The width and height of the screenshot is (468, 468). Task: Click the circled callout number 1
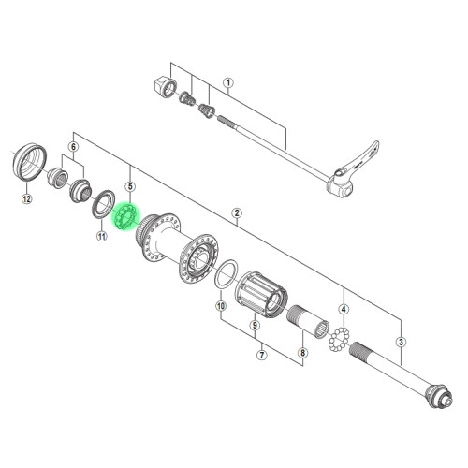228,83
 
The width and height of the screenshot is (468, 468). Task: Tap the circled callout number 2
237,213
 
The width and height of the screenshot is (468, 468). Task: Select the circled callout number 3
401,342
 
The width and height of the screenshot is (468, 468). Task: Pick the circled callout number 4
344,310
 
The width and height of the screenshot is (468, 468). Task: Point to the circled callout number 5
130,186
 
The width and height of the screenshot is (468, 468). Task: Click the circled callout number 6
73,147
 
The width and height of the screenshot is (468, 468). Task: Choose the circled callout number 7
261,355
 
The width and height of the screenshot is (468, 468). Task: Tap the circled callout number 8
302,353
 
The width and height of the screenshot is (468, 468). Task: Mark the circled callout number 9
255,326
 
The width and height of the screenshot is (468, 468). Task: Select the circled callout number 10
221,306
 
